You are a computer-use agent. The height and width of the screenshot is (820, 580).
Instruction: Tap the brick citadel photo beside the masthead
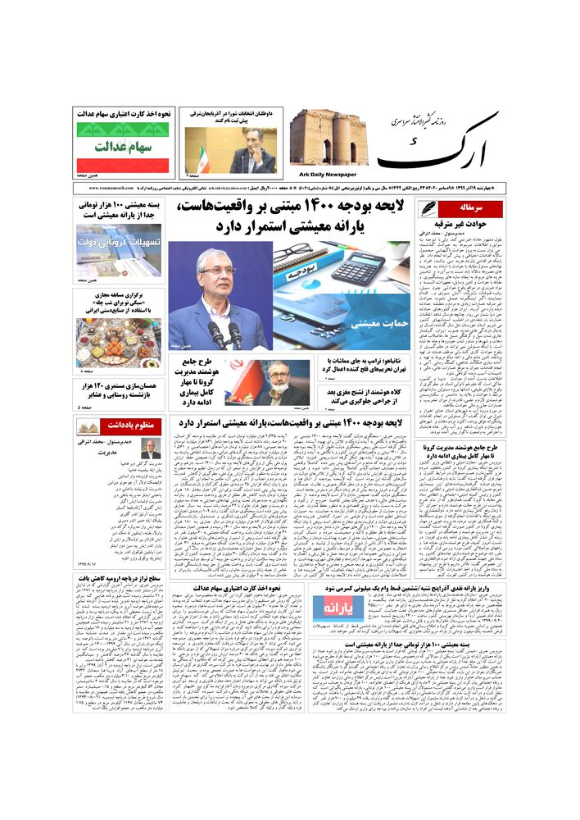pyautogui.click(x=327, y=138)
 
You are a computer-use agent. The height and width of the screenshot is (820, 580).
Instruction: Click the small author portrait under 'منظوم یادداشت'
pyautogui.click(x=151, y=449)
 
